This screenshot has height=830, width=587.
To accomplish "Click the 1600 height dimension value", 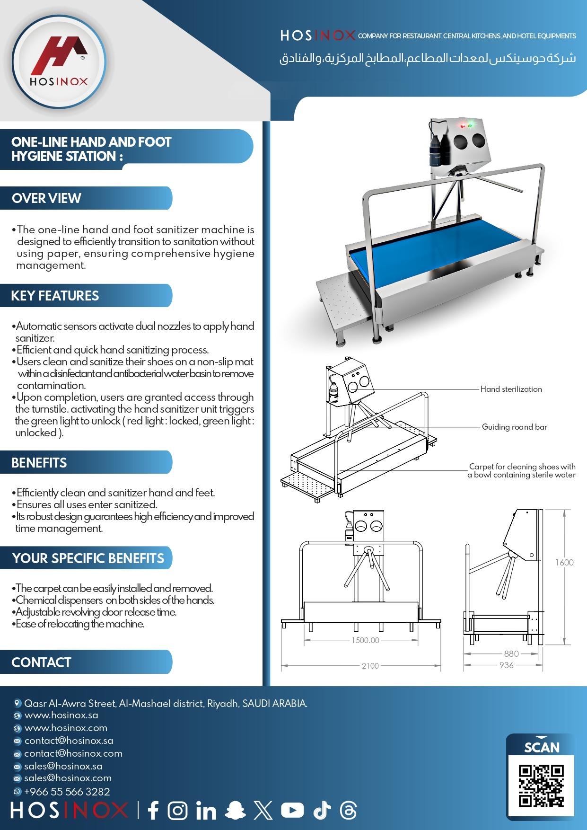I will (564, 562).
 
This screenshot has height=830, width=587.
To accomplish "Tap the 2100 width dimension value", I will (370, 666).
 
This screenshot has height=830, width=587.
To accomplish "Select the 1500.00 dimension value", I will (365, 640).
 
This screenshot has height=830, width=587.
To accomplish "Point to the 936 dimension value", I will (506, 665).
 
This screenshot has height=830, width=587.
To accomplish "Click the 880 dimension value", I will (511, 653).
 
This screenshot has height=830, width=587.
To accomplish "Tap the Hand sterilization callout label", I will (511, 389).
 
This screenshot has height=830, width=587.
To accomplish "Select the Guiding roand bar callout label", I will (514, 427).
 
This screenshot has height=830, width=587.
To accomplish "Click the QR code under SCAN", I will (541, 786).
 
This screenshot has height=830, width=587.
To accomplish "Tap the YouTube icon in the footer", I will (292, 811).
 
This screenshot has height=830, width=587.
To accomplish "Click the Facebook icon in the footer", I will (153, 811).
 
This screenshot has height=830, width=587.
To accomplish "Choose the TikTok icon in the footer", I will (322, 811).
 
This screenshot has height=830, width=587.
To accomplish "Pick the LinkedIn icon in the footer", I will (206, 811).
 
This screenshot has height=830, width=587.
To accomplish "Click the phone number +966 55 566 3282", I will (67, 791).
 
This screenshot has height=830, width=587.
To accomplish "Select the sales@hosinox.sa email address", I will (63, 766).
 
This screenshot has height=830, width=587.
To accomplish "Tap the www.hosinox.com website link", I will (66, 728).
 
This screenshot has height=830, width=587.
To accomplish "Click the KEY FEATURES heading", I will (55, 296).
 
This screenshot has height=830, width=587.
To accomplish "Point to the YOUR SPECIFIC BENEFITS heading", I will (88, 558).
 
